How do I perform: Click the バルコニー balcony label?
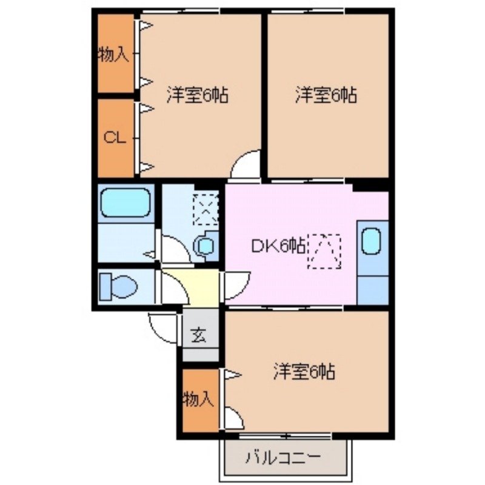click(281, 457)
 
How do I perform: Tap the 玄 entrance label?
click(198, 335)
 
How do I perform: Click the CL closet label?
click(114, 137)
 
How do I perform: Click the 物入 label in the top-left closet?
click(113, 55)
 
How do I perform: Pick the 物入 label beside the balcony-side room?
click(198, 399)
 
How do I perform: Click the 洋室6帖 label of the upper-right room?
click(326, 95)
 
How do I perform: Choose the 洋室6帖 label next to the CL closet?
click(198, 95)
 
